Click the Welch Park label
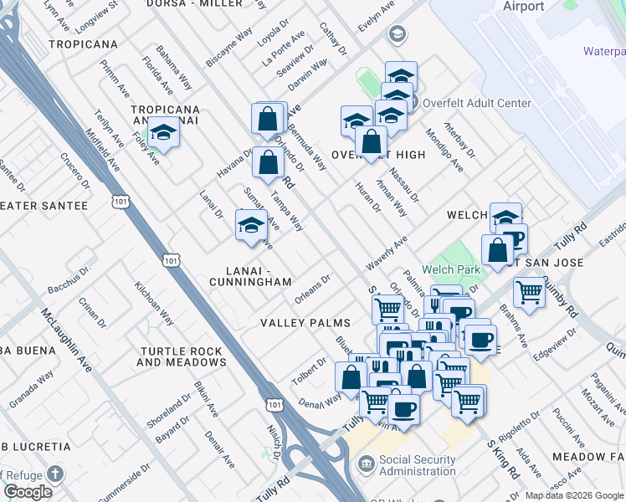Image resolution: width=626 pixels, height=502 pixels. (x=451, y=269)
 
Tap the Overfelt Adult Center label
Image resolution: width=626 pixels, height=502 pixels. (x=477, y=103)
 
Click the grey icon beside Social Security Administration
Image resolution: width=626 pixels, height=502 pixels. (x=366, y=463)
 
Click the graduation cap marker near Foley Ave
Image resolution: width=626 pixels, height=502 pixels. (x=163, y=133)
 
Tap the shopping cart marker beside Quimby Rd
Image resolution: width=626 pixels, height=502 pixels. (x=529, y=292)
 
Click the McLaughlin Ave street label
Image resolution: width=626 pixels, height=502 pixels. (x=63, y=343)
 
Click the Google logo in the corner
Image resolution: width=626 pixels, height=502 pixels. (x=28, y=492)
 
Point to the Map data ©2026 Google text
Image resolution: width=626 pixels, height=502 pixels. (x=573, y=495)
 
